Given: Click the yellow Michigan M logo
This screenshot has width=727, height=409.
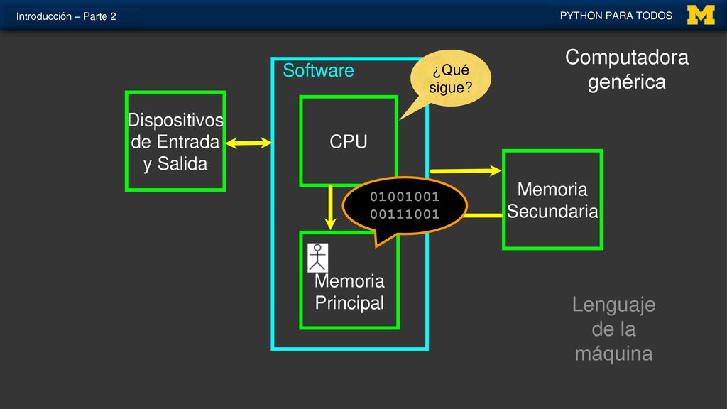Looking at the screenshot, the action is click(x=701, y=15).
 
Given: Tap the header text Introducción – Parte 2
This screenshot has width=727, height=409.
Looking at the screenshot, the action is click(x=66, y=16).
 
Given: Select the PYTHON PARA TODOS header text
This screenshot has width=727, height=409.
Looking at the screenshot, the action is click(x=616, y=16).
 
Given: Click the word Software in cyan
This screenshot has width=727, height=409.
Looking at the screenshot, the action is click(x=318, y=70).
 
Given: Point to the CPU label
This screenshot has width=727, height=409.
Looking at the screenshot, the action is click(x=348, y=141).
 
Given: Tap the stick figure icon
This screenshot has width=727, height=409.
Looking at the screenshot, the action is click(x=317, y=258).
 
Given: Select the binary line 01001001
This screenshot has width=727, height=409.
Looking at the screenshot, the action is click(x=404, y=197).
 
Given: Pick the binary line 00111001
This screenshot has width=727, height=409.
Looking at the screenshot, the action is click(x=404, y=214).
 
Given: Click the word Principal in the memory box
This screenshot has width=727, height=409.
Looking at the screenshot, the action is click(x=349, y=302).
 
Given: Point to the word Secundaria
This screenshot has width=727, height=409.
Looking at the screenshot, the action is click(x=552, y=212).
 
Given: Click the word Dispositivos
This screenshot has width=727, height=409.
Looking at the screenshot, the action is click(x=175, y=120).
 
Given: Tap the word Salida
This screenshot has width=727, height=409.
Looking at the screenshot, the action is click(x=182, y=164).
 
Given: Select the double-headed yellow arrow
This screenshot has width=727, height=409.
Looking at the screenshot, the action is click(x=248, y=143).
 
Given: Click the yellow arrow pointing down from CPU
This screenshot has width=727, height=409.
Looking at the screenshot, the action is click(x=330, y=207).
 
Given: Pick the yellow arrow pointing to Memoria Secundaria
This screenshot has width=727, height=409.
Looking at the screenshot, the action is click(x=465, y=170).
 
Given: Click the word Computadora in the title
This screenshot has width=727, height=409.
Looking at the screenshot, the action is click(x=626, y=58).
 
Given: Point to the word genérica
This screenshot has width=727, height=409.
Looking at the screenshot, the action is click(x=626, y=82).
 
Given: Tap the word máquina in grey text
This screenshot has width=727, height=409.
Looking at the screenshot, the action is click(x=613, y=354).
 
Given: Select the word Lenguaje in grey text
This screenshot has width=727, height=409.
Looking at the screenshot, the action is click(x=613, y=305).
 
